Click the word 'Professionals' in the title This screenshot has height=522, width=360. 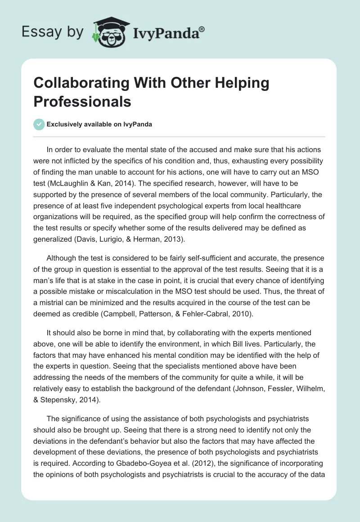tap(82, 101)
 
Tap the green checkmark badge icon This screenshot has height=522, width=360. tap(39, 124)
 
